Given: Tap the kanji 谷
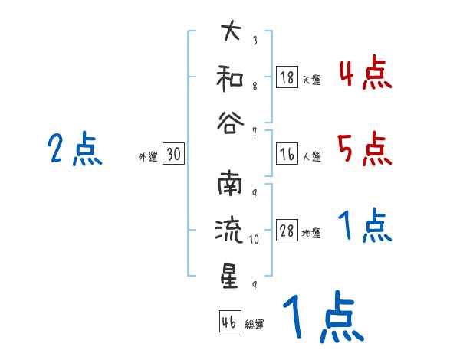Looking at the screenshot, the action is pyautogui.click(x=229, y=119).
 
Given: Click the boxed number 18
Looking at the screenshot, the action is pyautogui.click(x=287, y=77).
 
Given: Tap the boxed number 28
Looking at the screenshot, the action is pyautogui.click(x=287, y=231).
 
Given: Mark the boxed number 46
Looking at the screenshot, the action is pyautogui.click(x=229, y=322).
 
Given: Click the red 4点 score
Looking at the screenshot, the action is pyautogui.click(x=365, y=74).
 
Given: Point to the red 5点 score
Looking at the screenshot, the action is pyautogui.click(x=365, y=149).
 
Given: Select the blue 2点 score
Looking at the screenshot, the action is pyautogui.click(x=75, y=149).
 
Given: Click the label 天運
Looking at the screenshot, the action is pyautogui.click(x=311, y=80).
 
